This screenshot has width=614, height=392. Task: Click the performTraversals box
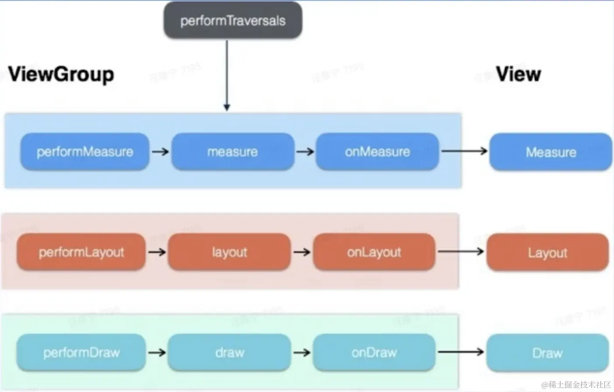[233, 21]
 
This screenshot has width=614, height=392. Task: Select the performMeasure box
[85, 152]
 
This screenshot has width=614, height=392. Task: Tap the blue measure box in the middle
[233, 152]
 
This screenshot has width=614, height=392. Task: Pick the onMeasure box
[377, 152]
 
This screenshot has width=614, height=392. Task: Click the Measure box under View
[551, 152]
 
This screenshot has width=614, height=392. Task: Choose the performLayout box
[81, 252]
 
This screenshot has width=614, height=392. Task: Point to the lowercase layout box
[230, 252]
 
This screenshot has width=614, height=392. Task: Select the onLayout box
[374, 252]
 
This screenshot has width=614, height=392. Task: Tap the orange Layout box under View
[547, 252]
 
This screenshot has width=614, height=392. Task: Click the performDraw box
[81, 352]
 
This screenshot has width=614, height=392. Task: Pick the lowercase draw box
[230, 352]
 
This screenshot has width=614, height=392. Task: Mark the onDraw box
[374, 352]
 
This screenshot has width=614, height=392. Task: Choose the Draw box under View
[547, 353]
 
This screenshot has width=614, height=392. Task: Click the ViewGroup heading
[61, 74]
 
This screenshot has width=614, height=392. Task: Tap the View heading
[518, 74]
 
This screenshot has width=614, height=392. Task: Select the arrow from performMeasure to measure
[160, 152]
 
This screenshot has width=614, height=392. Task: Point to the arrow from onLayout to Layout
[460, 252]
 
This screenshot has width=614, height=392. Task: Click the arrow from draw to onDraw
[302, 352]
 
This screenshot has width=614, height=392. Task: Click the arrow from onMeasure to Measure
[464, 151]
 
